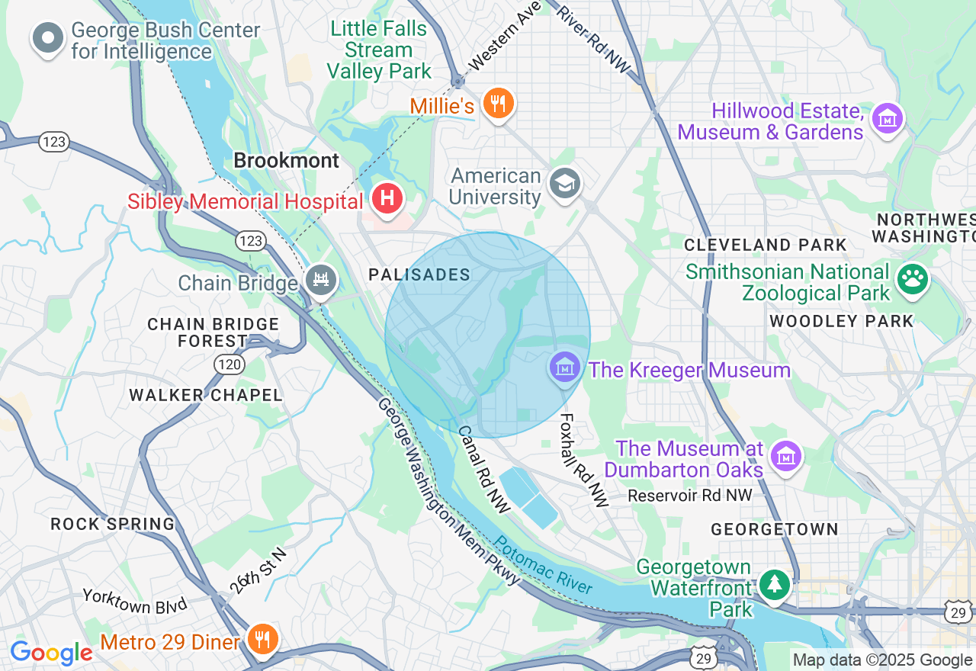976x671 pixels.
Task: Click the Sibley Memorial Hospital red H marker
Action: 387,200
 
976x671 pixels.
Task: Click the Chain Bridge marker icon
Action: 321,281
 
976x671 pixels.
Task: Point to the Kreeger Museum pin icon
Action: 564,368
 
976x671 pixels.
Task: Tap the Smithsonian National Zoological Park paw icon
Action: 913,279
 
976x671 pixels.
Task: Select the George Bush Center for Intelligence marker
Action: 48,38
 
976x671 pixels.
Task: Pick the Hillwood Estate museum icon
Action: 888,119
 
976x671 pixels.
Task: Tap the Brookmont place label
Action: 286,161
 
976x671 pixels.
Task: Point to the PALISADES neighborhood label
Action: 419,274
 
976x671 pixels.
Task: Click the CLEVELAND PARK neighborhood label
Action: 766,245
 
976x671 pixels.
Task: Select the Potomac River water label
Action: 544,565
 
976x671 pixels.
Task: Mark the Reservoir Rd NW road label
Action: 690,496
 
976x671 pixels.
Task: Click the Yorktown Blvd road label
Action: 135,602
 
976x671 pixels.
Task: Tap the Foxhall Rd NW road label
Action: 584,461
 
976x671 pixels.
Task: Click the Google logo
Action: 51,653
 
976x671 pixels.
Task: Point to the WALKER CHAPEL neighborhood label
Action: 206,395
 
